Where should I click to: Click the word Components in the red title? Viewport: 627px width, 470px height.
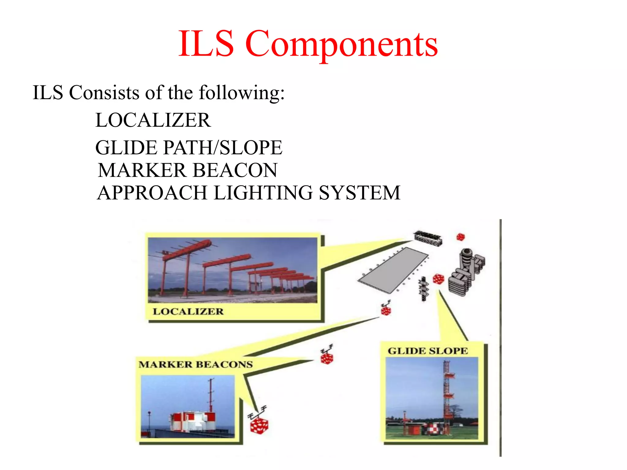coord(341,44)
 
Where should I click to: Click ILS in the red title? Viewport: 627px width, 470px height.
coord(206,44)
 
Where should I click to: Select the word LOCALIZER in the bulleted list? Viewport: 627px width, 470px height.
coord(153,120)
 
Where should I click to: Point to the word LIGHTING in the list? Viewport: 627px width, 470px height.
coord(263,193)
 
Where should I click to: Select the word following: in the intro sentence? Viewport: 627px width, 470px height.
coord(242,92)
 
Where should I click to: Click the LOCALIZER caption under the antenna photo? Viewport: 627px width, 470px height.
coord(188,311)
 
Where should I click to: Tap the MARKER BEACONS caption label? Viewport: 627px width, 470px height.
coord(196,364)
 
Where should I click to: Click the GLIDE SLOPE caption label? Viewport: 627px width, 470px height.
coord(428,351)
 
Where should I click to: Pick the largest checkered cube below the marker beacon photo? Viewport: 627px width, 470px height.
coord(259,426)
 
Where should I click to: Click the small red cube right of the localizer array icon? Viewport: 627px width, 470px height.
coord(460,237)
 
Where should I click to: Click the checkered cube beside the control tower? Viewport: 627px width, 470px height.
coord(438,279)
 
